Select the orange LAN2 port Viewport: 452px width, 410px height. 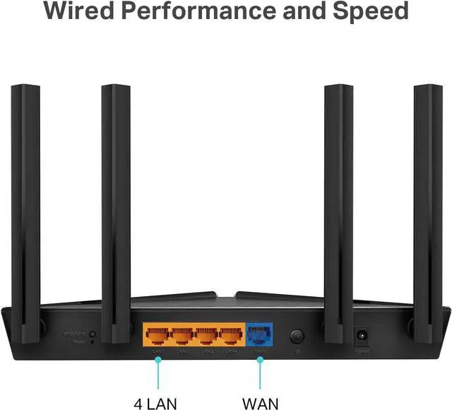click(x=182, y=334)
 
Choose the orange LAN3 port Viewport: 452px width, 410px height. click(x=207, y=334)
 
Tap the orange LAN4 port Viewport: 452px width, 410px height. click(x=231, y=334)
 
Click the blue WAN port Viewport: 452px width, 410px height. click(x=259, y=334)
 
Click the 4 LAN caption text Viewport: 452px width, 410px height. click(x=157, y=404)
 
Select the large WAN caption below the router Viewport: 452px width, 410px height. click(x=260, y=404)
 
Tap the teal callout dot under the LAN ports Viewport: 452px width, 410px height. click(x=157, y=359)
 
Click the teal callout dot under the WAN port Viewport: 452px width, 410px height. click(x=259, y=359)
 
